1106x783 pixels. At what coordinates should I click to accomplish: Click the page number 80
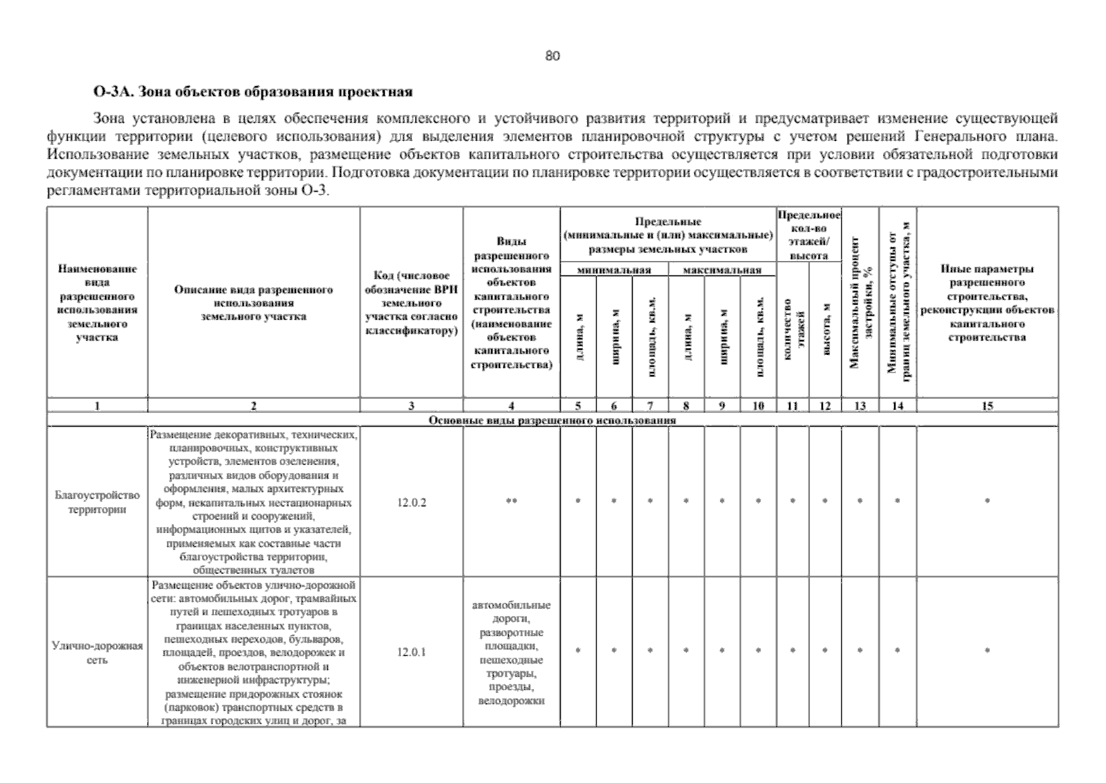coord(552,56)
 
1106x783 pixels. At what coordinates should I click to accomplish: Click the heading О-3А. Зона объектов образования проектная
coord(253,92)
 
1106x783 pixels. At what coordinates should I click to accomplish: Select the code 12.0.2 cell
coord(411,502)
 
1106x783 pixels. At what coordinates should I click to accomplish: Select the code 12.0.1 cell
coord(411,652)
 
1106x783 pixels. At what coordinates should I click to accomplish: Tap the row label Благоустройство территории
coord(97,502)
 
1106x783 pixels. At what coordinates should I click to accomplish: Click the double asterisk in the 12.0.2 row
coord(511,501)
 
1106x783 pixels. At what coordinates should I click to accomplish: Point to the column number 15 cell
coord(987,406)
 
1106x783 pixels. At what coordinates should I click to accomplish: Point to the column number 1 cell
coord(97,406)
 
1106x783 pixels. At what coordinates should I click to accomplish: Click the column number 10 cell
coord(758,406)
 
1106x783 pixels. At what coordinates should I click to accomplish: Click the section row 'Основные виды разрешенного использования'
coord(552,420)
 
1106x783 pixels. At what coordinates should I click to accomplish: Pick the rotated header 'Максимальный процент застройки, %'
coord(860,303)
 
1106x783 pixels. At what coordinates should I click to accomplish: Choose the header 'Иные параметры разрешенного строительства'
coord(987,303)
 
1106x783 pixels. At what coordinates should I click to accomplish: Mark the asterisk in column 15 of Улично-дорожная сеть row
coord(987,651)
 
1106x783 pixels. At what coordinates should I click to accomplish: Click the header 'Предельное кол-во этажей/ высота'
coord(809,235)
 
